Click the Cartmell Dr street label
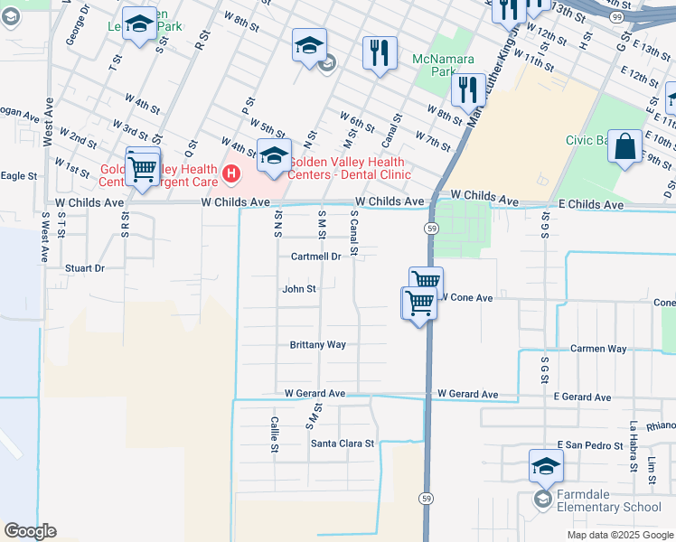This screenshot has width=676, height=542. (315, 257)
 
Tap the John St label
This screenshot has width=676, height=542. (299, 289)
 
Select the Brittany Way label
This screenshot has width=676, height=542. (317, 345)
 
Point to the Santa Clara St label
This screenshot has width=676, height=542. (343, 444)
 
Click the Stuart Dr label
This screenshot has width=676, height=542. (85, 268)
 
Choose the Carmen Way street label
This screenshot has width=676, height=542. (598, 349)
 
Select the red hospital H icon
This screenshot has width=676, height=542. (232, 171)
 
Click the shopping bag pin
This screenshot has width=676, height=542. (624, 147)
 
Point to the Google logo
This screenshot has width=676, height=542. (30, 531)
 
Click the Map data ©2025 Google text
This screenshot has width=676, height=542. (619, 535)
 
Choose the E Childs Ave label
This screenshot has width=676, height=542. (591, 206)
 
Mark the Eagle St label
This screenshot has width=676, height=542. (19, 176)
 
